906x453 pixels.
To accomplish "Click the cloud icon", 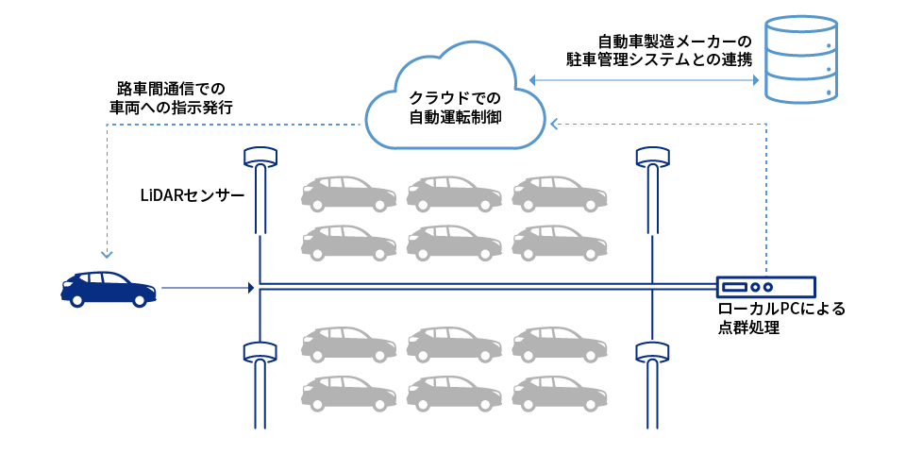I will click(x=455, y=99).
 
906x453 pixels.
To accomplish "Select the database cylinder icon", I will click(x=800, y=59).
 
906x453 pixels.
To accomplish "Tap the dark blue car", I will click(x=108, y=288).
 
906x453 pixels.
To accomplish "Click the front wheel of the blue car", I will click(x=140, y=300).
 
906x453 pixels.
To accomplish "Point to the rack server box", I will click(x=765, y=287).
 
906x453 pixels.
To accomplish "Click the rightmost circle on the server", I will click(x=768, y=287).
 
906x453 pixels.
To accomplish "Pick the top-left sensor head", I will click(x=260, y=157).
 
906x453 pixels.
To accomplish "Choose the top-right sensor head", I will click(x=652, y=157).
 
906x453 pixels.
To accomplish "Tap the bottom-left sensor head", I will click(x=260, y=352).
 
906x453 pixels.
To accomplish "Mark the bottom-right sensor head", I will click(x=652, y=352).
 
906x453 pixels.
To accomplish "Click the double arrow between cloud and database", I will click(x=644, y=80).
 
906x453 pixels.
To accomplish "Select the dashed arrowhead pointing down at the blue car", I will click(x=107, y=254).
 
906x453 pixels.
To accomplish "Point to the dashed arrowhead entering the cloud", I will click(x=555, y=124).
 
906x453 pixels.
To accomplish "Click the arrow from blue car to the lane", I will click(x=208, y=288).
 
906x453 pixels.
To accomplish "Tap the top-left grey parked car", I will click(x=348, y=193).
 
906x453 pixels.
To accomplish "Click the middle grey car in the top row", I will click(x=454, y=193).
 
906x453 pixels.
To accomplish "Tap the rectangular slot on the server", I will click(x=734, y=287).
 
